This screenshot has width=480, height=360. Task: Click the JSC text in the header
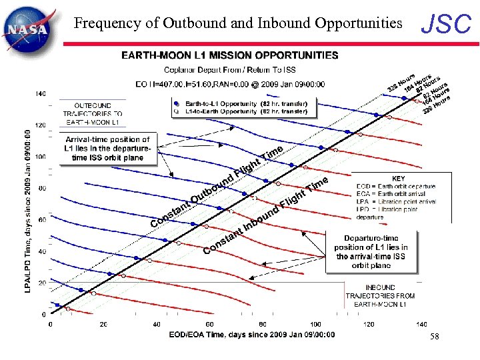pyautogui.click(x=446, y=25)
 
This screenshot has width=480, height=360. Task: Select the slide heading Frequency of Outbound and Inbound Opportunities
pyautogui.click(x=238, y=24)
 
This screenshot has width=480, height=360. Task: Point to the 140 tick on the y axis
pyautogui.click(x=41, y=93)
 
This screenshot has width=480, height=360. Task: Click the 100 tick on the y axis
pyautogui.click(x=41, y=157)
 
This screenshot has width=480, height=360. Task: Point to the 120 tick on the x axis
pyautogui.click(x=368, y=324)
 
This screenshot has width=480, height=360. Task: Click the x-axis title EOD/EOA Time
pyautogui.click(x=252, y=335)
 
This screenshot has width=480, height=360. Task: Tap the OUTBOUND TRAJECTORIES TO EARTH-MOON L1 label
pyautogui.click(x=93, y=114)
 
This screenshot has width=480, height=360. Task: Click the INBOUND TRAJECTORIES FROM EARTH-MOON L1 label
pyautogui.click(x=379, y=295)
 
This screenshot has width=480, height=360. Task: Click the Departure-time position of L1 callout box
pyautogui.click(x=371, y=252)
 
